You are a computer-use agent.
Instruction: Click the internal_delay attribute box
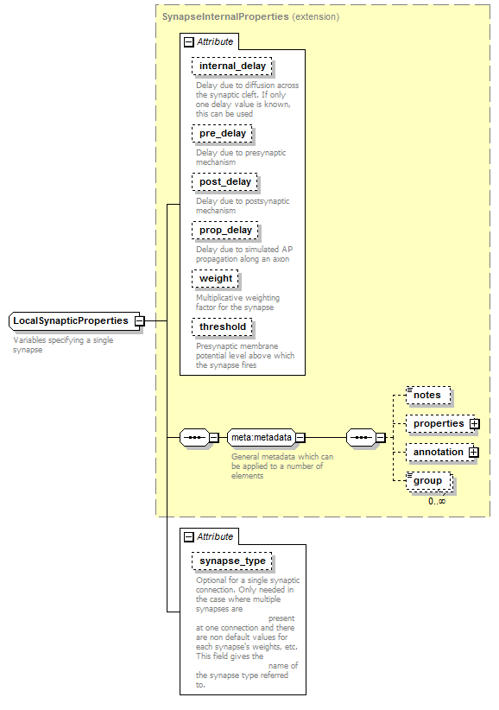[x=231, y=67]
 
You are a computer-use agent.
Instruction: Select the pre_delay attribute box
[x=222, y=134]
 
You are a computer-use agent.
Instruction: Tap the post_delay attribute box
[x=224, y=182]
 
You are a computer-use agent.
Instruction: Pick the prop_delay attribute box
[x=225, y=231]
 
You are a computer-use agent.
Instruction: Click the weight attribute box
[x=215, y=279]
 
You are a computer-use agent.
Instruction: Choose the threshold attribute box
[x=222, y=327]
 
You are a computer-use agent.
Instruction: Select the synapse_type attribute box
[x=232, y=561]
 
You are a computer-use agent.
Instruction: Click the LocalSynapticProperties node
[x=74, y=321]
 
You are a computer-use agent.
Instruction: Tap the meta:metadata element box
[x=261, y=437]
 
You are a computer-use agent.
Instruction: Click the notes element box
[x=428, y=396]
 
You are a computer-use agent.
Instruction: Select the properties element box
[x=439, y=424]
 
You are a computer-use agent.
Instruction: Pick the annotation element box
[x=439, y=453]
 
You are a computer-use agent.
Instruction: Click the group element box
[x=429, y=481]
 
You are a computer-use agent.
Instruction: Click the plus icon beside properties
[x=475, y=424]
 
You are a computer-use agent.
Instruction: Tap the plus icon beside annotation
[x=474, y=453]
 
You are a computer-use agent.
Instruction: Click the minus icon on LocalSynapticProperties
[x=140, y=321]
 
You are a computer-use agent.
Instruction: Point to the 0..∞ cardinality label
[x=437, y=501]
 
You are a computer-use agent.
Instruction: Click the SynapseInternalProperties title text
[x=225, y=16]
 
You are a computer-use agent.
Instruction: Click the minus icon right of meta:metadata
[x=300, y=437]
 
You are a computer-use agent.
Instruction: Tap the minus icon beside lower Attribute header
[x=189, y=537]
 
